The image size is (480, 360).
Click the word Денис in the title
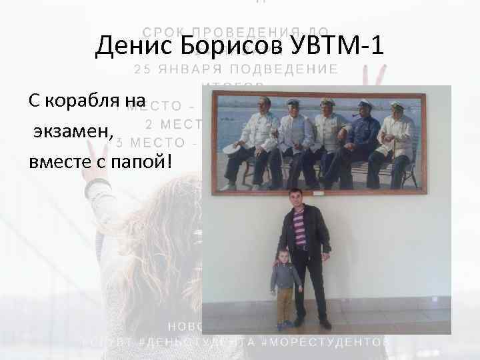pyautogui.click(x=129, y=47)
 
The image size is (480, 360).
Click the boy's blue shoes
pyautogui.click(x=285, y=324)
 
